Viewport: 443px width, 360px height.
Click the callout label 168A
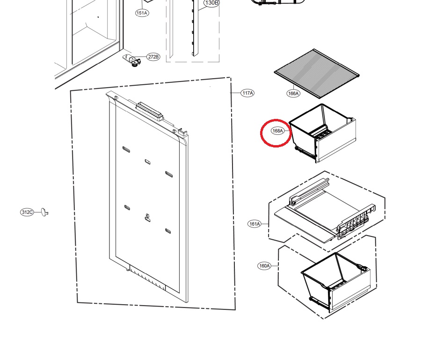point(277,131)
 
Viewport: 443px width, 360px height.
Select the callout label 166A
point(293,93)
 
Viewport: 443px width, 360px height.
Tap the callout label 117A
point(247,93)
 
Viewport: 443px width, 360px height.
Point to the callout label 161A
point(254,224)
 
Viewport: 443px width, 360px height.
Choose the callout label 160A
point(264,266)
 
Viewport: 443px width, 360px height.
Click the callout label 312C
point(27,212)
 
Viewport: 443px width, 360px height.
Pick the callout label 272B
point(153,57)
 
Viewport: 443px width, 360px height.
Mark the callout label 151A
point(142,13)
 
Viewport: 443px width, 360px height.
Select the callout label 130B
point(211,3)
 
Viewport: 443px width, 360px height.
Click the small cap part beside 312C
point(44,212)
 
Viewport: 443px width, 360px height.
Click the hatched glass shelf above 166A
point(316,73)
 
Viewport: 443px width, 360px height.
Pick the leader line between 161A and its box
point(265,224)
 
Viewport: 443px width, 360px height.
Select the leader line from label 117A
point(236,93)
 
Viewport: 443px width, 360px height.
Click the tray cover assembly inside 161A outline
point(325,212)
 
